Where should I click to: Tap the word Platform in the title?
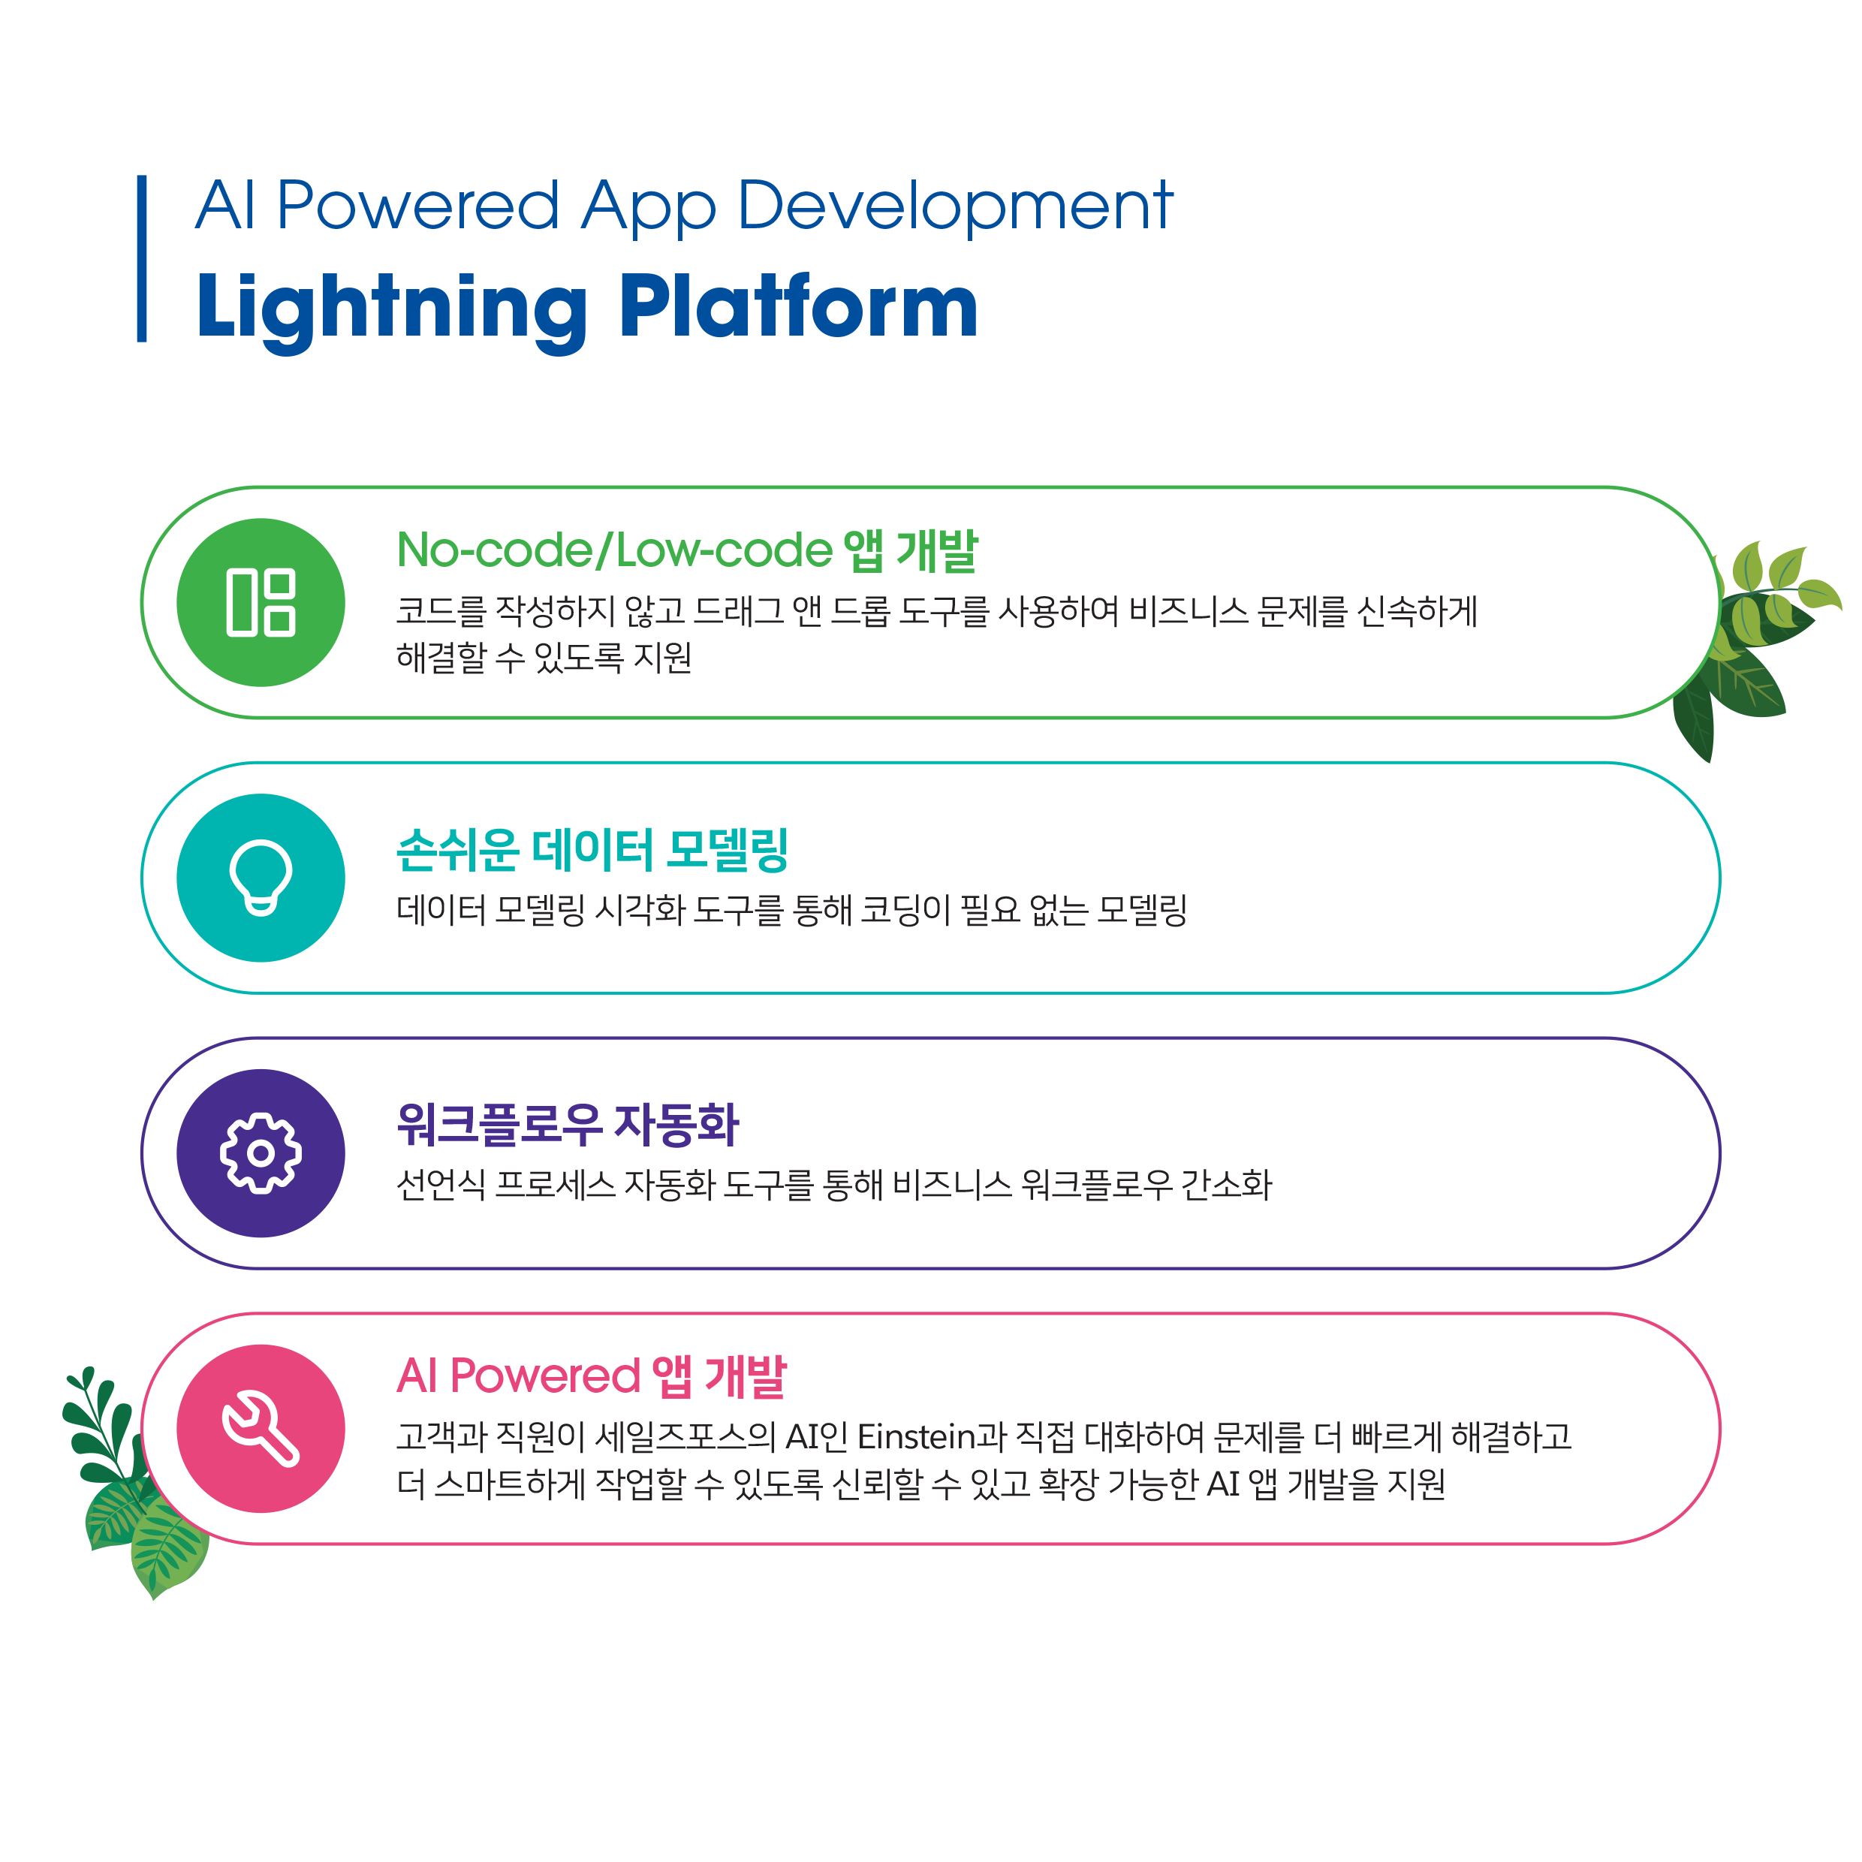click(x=798, y=306)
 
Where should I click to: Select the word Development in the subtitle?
click(x=955, y=206)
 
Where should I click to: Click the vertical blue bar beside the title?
click(x=142, y=258)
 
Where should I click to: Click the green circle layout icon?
click(x=261, y=602)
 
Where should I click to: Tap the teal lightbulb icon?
click(x=261, y=877)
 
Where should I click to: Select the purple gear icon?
click(x=261, y=1152)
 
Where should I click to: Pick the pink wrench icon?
click(x=261, y=1428)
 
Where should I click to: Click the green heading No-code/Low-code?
click(x=615, y=550)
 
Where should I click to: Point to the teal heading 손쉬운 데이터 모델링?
click(x=592, y=849)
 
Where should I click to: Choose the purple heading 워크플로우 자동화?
click(x=568, y=1124)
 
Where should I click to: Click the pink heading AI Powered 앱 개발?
click(x=592, y=1376)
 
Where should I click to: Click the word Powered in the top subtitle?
click(x=417, y=206)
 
